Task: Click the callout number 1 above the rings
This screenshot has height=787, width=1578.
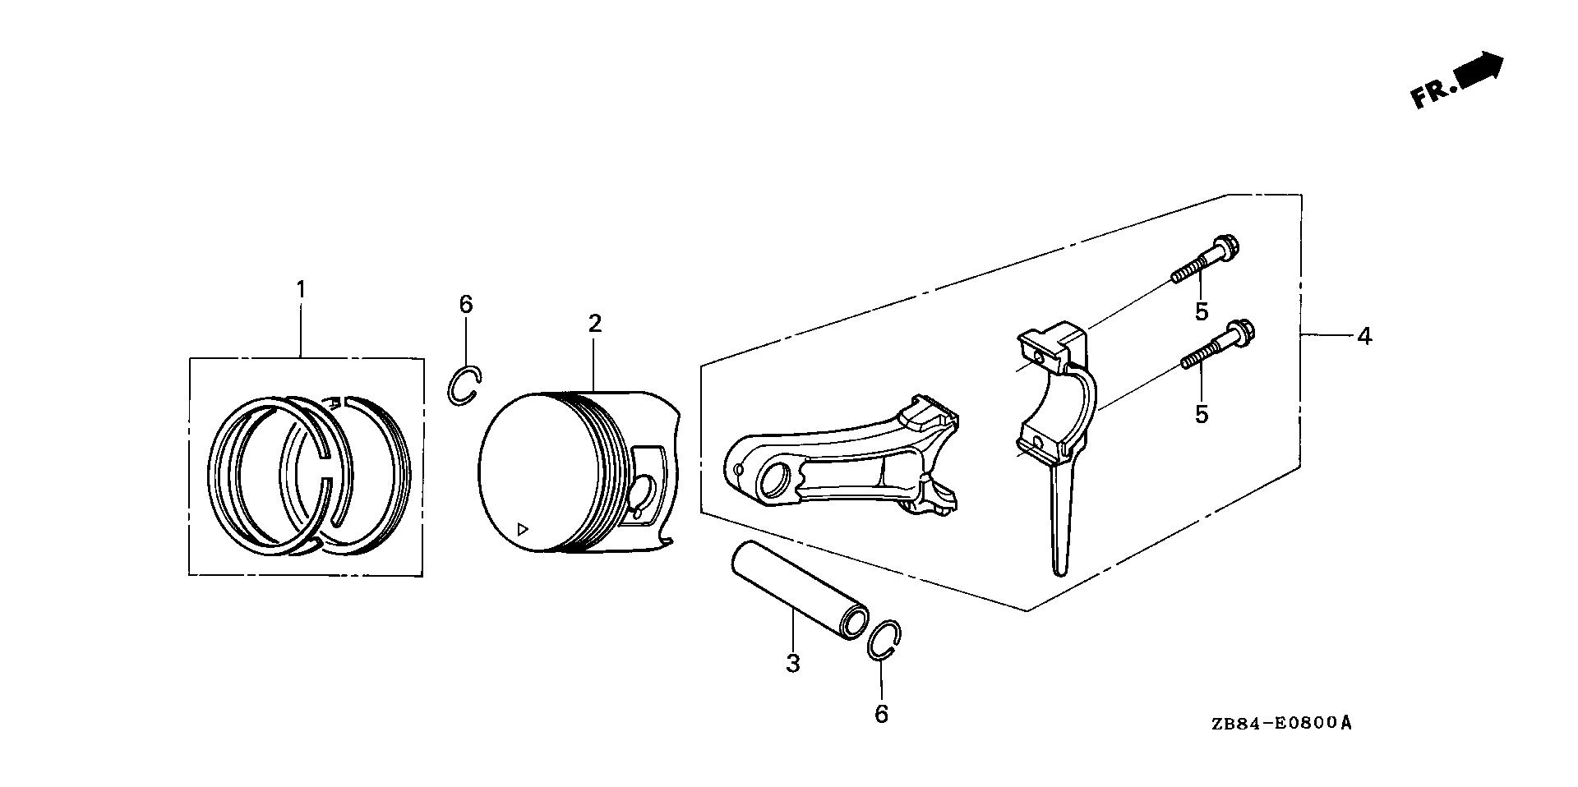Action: pyautogui.click(x=301, y=290)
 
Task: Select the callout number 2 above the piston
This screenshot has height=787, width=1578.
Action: pyautogui.click(x=595, y=323)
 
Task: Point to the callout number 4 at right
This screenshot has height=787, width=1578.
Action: pyautogui.click(x=1364, y=336)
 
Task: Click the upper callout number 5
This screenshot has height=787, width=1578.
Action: pyautogui.click(x=1202, y=312)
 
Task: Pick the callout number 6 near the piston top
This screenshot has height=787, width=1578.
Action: pyautogui.click(x=466, y=305)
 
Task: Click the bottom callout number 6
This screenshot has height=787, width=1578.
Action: pyautogui.click(x=881, y=714)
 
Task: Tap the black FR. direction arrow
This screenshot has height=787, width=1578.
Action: pyautogui.click(x=1479, y=69)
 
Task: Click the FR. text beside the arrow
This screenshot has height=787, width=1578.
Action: pyautogui.click(x=1431, y=94)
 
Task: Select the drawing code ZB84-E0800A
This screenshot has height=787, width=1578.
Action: pyautogui.click(x=1280, y=725)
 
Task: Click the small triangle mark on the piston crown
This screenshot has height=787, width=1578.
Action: pyautogui.click(x=521, y=528)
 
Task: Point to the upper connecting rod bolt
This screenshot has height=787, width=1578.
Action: pyautogui.click(x=1206, y=260)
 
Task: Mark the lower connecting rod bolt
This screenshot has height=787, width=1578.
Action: pyautogui.click(x=1220, y=349)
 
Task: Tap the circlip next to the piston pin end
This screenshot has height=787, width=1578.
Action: pyautogui.click(x=885, y=640)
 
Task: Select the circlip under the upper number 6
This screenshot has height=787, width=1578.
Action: pyautogui.click(x=464, y=386)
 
